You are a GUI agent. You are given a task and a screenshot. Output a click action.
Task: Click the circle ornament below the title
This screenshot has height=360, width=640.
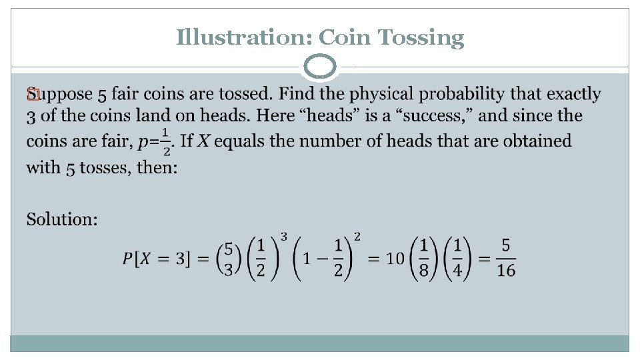(x=320, y=67)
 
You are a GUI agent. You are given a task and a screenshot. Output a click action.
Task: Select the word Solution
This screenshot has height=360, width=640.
(x=62, y=219)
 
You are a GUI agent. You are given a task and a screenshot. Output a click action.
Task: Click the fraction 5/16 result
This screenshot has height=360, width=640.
(x=506, y=258)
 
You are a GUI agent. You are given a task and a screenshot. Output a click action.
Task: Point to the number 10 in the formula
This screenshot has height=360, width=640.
(x=396, y=258)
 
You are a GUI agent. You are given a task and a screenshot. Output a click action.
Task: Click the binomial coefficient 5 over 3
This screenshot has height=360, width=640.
(x=229, y=258)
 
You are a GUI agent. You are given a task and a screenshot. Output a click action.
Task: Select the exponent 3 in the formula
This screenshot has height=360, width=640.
(x=284, y=237)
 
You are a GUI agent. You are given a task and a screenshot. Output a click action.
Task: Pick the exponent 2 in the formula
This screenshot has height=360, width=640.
(x=357, y=237)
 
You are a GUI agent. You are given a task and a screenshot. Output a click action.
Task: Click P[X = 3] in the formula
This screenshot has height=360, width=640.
(x=161, y=259)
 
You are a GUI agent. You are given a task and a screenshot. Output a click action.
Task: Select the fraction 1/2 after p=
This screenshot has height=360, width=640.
(x=165, y=141)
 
